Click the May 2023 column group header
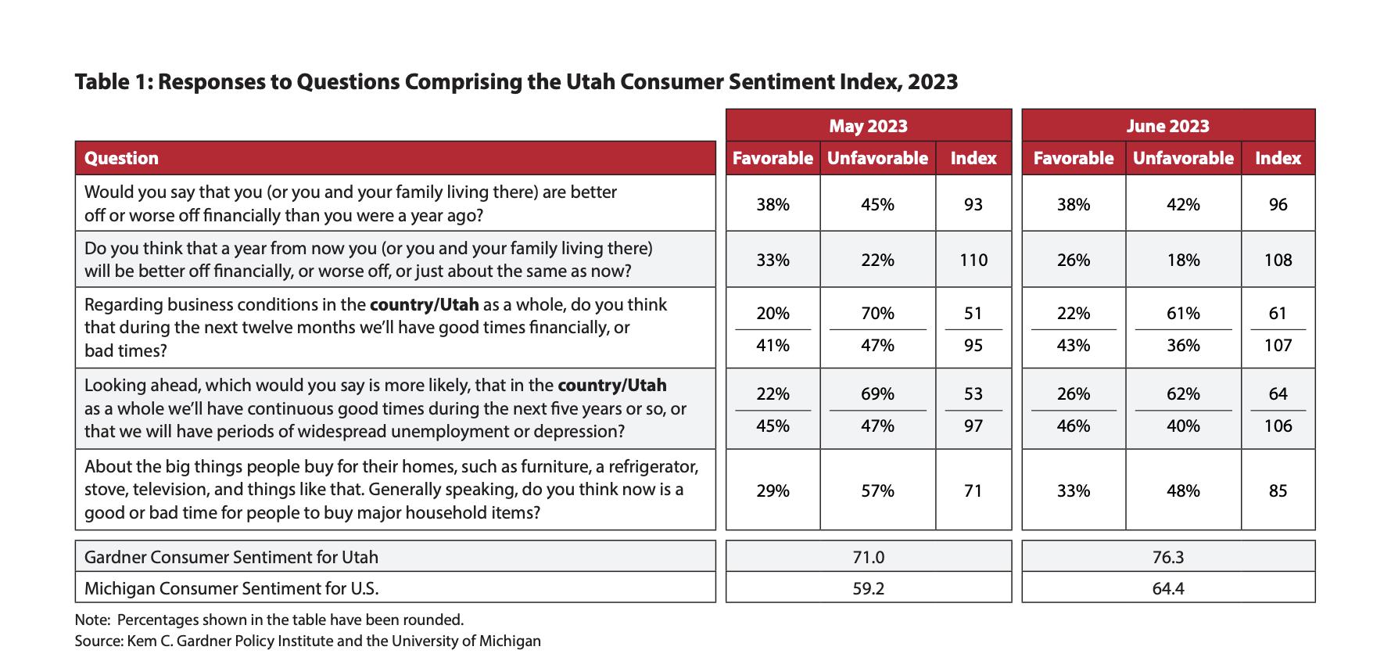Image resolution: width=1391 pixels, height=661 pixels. click(x=868, y=126)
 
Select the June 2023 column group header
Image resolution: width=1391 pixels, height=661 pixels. click(x=1167, y=126)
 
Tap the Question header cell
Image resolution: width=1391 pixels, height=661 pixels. click(x=121, y=158)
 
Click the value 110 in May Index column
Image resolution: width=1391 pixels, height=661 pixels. click(x=973, y=260)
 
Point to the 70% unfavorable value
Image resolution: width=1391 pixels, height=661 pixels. click(x=877, y=314)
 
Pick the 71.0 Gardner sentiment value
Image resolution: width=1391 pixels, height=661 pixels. click(x=868, y=557)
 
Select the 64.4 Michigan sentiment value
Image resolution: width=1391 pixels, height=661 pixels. click(x=1167, y=588)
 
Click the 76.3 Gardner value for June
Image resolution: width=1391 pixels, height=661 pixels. click(x=1167, y=557)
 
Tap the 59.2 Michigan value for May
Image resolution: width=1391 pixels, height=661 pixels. click(x=868, y=588)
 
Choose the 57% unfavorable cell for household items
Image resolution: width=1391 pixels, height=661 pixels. click(x=877, y=491)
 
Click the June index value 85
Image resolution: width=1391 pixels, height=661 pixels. click(x=1278, y=491)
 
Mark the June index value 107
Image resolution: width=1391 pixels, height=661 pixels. click(x=1278, y=345)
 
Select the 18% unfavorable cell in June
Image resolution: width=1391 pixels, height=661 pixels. click(x=1182, y=260)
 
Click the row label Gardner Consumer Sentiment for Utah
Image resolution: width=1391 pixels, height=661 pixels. click(x=231, y=557)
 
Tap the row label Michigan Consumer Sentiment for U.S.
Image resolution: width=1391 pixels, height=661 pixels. click(x=236, y=588)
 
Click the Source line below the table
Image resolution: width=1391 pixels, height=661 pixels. click(x=307, y=641)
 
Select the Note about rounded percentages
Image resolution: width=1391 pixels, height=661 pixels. click(x=269, y=620)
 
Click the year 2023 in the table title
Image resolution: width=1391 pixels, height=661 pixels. click(x=932, y=82)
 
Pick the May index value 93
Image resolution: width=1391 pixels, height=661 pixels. click(x=973, y=205)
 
